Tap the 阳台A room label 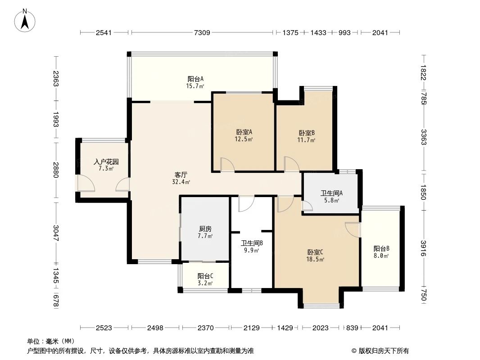click(x=195, y=82)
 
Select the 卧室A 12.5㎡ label click(x=244, y=135)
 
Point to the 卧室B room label click(x=306, y=136)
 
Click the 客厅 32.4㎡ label click(x=181, y=178)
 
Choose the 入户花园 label click(x=106, y=165)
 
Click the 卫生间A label click(x=330, y=197)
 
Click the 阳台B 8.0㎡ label click(x=381, y=252)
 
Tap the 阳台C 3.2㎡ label click(x=205, y=279)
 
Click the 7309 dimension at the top click(x=202, y=32)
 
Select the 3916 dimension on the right click(x=423, y=248)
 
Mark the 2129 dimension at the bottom click(x=252, y=328)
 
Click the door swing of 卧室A click(x=227, y=165)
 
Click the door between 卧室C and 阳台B click(x=353, y=229)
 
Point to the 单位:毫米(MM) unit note click(x=51, y=342)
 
